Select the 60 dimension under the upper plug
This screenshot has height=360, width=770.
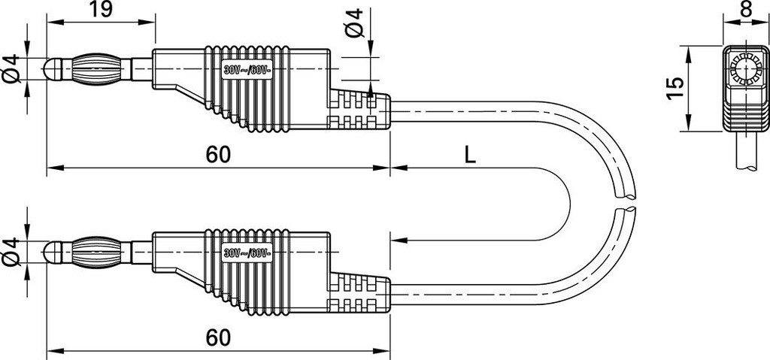[218, 155]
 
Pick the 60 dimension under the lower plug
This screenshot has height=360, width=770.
[218, 338]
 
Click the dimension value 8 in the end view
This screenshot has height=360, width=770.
[746, 9]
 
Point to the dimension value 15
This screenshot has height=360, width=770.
[676, 89]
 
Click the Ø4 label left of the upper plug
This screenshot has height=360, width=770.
[10, 68]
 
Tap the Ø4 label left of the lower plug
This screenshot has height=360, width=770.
[10, 252]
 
